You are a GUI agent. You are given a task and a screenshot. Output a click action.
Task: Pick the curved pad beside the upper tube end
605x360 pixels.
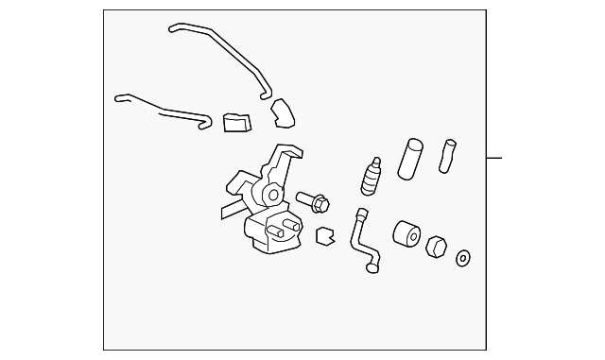tap(284, 114)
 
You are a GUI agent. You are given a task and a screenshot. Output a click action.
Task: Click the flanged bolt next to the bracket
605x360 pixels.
tap(313, 200)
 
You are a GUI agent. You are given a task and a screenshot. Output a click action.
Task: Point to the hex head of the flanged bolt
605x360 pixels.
tap(321, 201)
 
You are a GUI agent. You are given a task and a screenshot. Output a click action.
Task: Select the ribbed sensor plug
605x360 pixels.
tap(372, 174)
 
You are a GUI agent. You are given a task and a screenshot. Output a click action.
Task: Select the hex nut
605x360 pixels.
tap(438, 247)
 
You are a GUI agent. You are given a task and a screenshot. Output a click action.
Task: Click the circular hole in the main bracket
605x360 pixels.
tap(272, 195)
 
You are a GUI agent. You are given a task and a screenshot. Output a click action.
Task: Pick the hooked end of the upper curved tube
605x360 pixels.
tap(267, 94)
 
